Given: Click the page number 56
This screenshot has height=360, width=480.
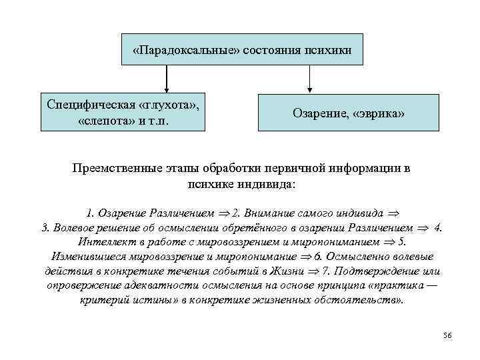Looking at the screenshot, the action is click(x=447, y=335).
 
